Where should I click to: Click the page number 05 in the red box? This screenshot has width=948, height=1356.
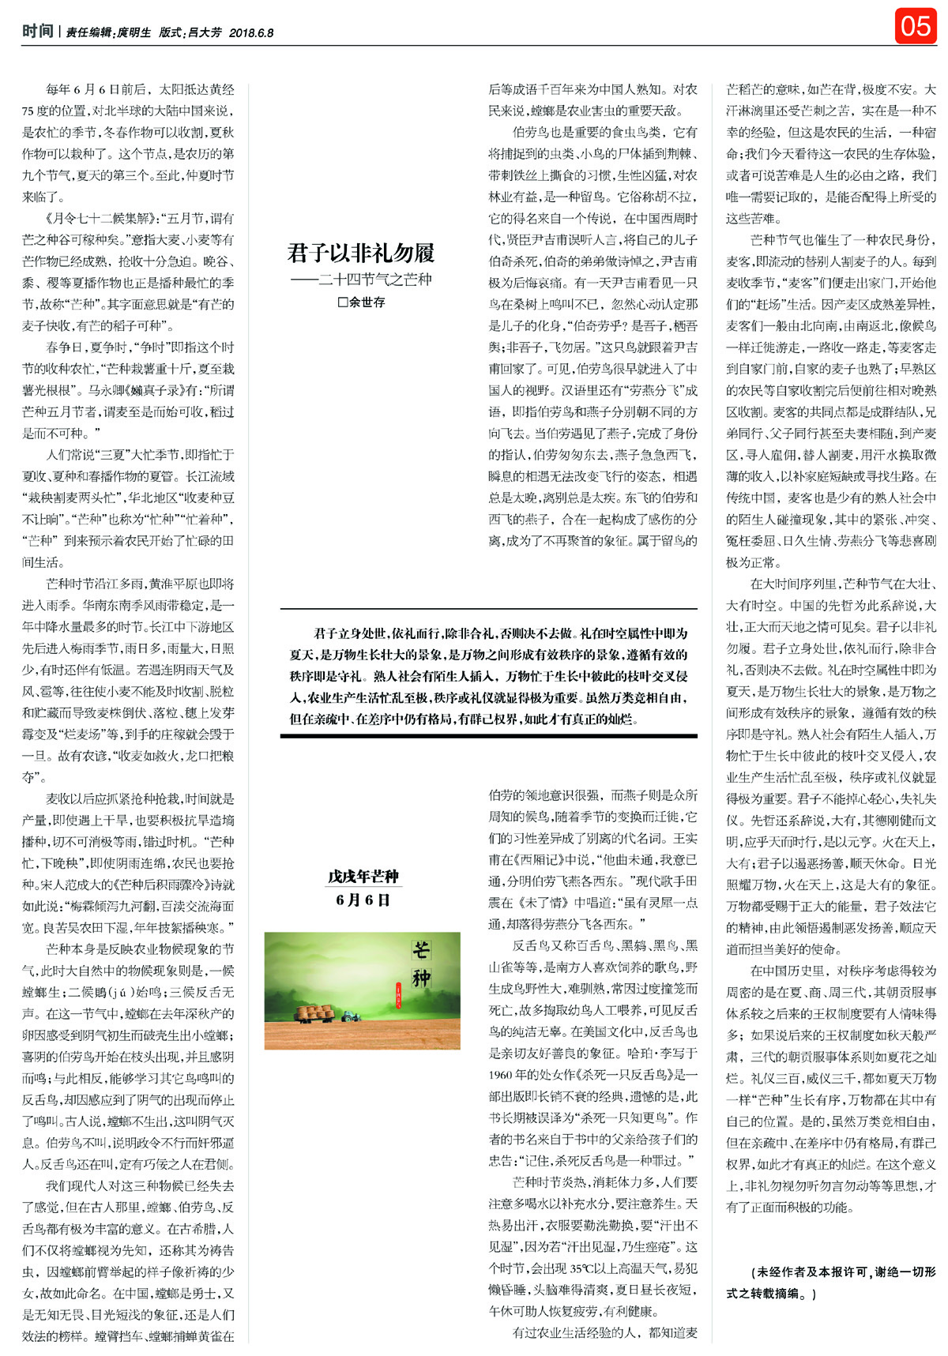pyautogui.click(x=915, y=26)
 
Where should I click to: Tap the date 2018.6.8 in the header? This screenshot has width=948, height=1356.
pyautogui.click(x=251, y=33)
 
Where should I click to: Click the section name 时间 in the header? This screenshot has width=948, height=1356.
pyautogui.click(x=37, y=32)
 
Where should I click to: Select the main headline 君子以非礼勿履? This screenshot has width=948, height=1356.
pyautogui.click(x=361, y=253)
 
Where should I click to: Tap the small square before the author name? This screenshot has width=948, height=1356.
pyautogui.click(x=342, y=302)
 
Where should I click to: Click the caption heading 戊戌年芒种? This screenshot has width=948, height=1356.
pyautogui.click(x=363, y=877)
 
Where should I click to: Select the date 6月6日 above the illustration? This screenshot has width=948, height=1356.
pyautogui.click(x=363, y=900)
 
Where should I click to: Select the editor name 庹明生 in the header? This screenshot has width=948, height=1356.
pyautogui.click(x=134, y=33)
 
